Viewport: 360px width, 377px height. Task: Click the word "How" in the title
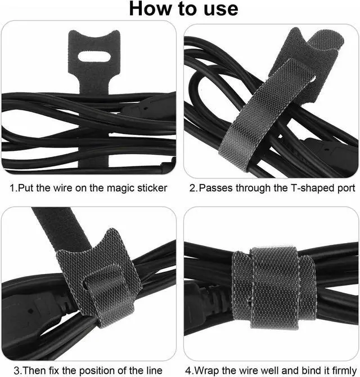coord(151,8)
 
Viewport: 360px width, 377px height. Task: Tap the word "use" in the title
coord(221,10)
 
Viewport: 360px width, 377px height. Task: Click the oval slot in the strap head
coord(94,57)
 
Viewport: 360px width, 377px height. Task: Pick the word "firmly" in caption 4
coord(344,370)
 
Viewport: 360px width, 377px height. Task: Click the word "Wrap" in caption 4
coord(206,370)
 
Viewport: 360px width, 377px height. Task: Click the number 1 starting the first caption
coord(12,188)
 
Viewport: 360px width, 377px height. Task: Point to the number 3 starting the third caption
coord(17,370)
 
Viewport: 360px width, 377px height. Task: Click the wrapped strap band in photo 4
coord(274,288)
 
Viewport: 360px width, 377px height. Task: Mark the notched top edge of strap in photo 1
coord(94,35)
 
